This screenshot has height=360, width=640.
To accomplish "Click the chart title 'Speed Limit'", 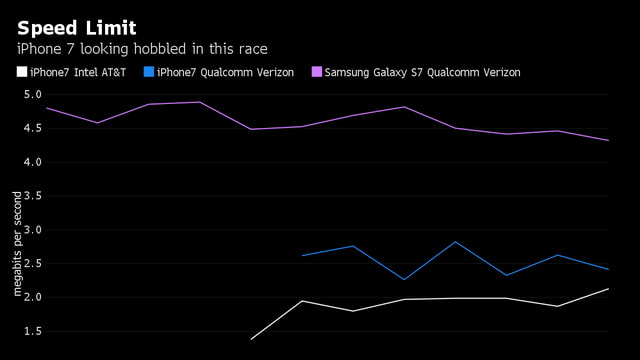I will (77, 27).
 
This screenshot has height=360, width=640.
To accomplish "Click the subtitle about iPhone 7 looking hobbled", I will (142, 49).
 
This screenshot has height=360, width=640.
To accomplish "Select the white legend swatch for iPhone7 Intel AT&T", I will (22, 72).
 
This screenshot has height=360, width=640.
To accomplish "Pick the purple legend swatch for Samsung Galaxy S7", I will (317, 72).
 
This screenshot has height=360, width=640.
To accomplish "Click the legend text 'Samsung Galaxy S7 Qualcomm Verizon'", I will (423, 72).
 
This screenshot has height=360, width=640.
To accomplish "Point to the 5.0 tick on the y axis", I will (32, 95).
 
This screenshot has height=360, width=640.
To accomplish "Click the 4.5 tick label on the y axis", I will (32, 129).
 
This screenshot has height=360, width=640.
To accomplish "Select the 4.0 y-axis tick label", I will (32, 162).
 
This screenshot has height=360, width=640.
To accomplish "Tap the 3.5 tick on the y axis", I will (32, 196).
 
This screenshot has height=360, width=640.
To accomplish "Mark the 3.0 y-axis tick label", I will (32, 230).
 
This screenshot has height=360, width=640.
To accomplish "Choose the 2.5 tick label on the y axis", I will (32, 264).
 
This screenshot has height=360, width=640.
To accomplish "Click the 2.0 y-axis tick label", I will (32, 298).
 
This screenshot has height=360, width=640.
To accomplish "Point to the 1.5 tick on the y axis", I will (32, 331).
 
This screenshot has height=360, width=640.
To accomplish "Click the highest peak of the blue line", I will (455, 242).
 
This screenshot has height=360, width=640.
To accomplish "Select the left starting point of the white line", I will (251, 339).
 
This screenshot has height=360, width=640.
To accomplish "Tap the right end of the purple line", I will (608, 140).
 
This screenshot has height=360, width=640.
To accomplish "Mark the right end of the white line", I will (608, 289).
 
